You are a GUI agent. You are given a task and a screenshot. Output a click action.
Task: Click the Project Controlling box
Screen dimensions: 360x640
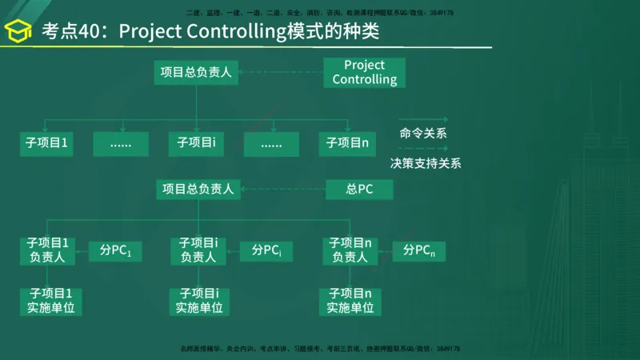click(x=364, y=72)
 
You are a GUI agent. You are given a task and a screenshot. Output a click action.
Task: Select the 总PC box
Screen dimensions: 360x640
click(x=359, y=190)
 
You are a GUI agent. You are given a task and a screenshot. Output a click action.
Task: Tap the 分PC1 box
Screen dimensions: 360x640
click(x=114, y=250)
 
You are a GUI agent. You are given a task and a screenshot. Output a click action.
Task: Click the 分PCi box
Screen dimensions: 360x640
click(x=266, y=250)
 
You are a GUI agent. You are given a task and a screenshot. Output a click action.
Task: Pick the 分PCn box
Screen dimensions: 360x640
click(x=419, y=250)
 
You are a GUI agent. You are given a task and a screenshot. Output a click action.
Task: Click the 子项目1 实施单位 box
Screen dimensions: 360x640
click(x=51, y=301)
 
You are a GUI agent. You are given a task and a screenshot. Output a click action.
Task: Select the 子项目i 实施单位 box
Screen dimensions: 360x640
click(x=199, y=301)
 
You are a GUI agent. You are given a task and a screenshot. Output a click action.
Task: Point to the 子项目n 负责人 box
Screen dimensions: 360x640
click(x=350, y=250)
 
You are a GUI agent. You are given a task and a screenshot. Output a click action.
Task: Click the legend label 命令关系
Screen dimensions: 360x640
click(x=423, y=133)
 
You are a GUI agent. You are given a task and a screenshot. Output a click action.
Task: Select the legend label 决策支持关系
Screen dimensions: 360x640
click(x=426, y=163)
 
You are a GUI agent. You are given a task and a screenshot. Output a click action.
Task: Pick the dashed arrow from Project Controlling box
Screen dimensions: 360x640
click(x=281, y=72)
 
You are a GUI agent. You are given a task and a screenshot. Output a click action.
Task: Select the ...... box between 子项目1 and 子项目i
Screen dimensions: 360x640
click(x=121, y=144)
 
